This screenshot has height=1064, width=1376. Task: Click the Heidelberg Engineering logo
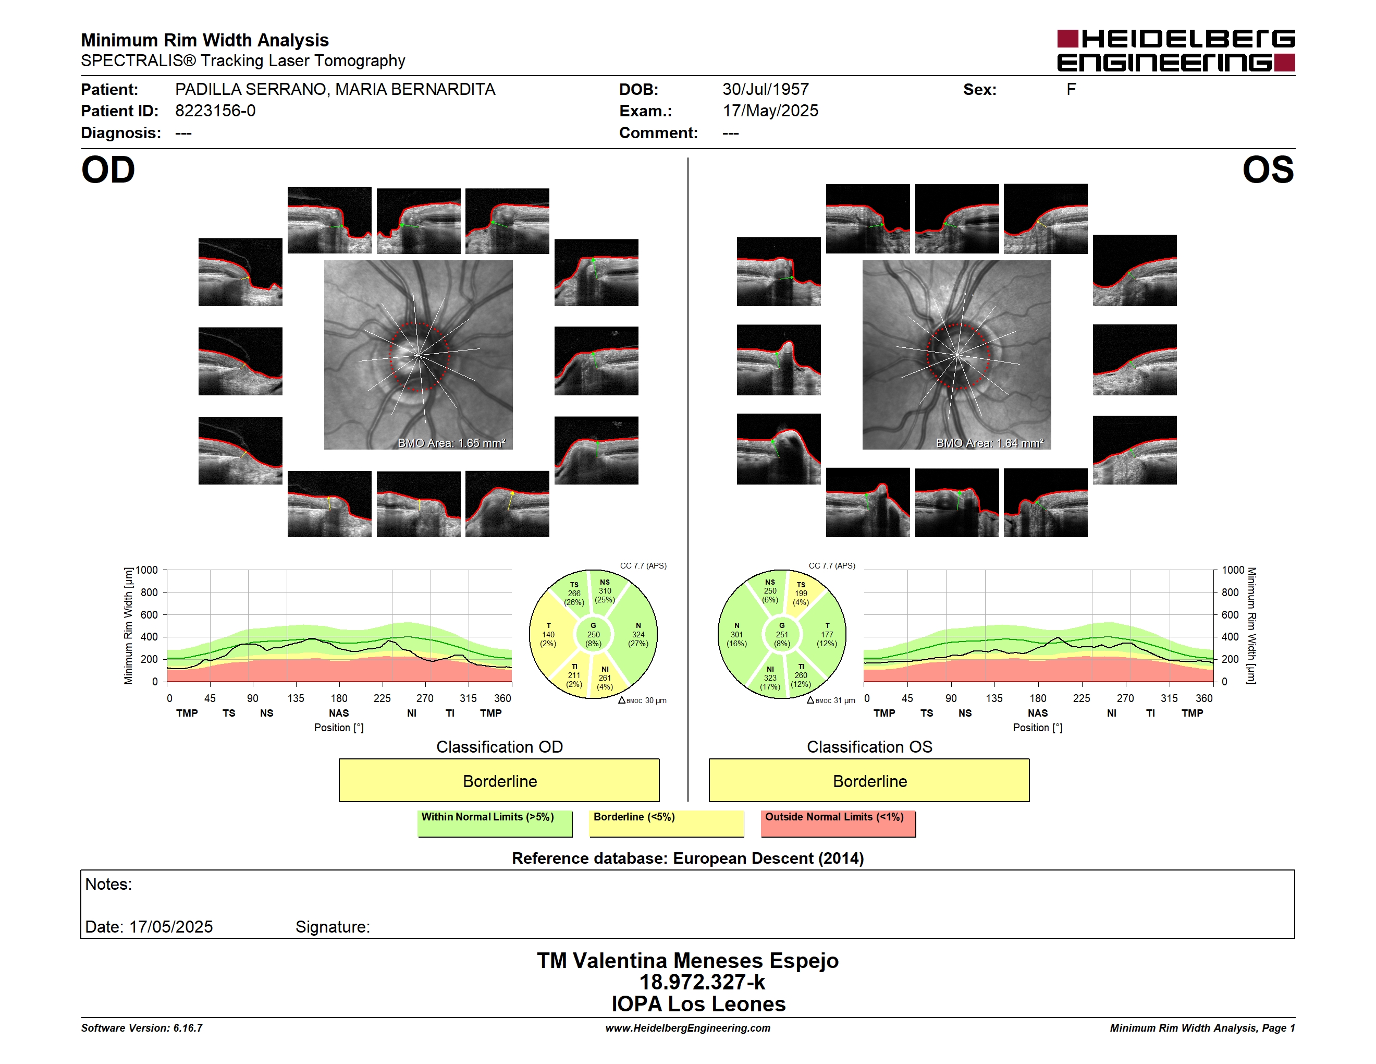click(1176, 51)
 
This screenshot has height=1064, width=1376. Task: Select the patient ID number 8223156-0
click(215, 111)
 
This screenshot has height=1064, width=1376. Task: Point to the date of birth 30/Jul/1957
click(766, 90)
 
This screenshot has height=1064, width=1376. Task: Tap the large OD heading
click(108, 170)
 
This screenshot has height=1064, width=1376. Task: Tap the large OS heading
click(1268, 170)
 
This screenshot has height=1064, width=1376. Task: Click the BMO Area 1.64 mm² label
click(990, 443)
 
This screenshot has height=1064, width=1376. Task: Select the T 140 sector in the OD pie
click(549, 635)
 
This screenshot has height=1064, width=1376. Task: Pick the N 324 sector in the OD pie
click(637, 635)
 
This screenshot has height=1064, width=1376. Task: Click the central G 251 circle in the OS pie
click(782, 635)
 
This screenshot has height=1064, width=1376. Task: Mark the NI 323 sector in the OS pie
click(769, 678)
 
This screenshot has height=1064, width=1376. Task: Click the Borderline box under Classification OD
click(499, 780)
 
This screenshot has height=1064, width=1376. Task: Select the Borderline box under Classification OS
click(869, 780)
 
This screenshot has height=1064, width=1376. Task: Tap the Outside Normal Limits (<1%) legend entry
click(838, 823)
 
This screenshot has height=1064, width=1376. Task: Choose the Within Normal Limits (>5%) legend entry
click(495, 823)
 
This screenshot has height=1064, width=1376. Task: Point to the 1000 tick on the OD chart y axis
click(146, 570)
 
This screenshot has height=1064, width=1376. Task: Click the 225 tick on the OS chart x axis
click(1081, 698)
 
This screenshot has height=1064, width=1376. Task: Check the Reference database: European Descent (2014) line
click(687, 859)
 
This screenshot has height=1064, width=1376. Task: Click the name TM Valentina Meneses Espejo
click(687, 961)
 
